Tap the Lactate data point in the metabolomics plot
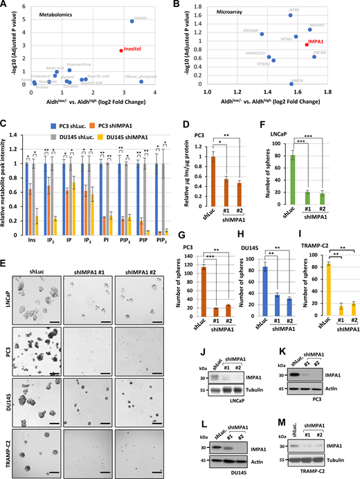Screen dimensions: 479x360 132,21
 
